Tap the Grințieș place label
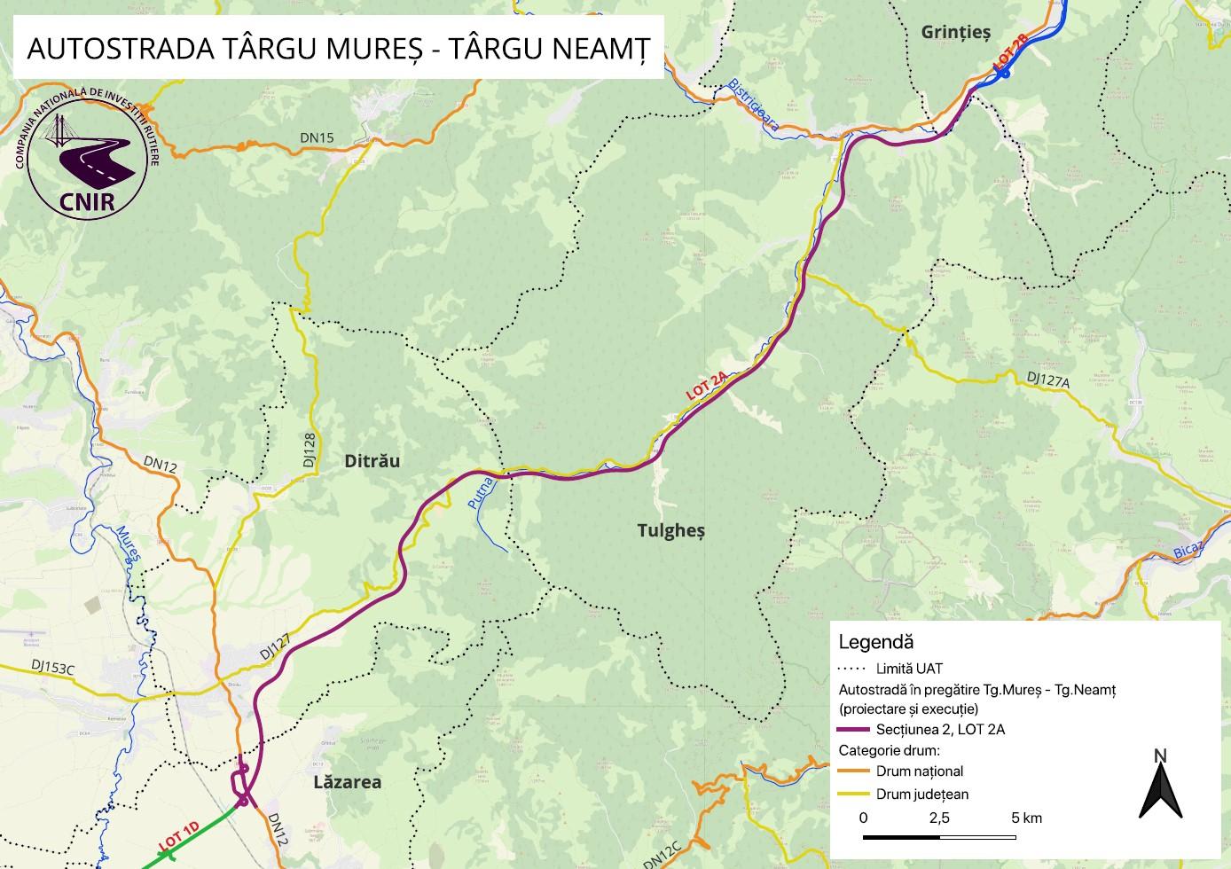pos(954,33)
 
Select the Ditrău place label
pos(372,461)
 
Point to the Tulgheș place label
pos(670,530)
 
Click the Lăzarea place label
pos(348,782)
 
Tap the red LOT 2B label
pos(1011,51)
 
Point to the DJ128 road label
pos(309,450)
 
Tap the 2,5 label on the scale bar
pos(938,817)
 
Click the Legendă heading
pos(875,642)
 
